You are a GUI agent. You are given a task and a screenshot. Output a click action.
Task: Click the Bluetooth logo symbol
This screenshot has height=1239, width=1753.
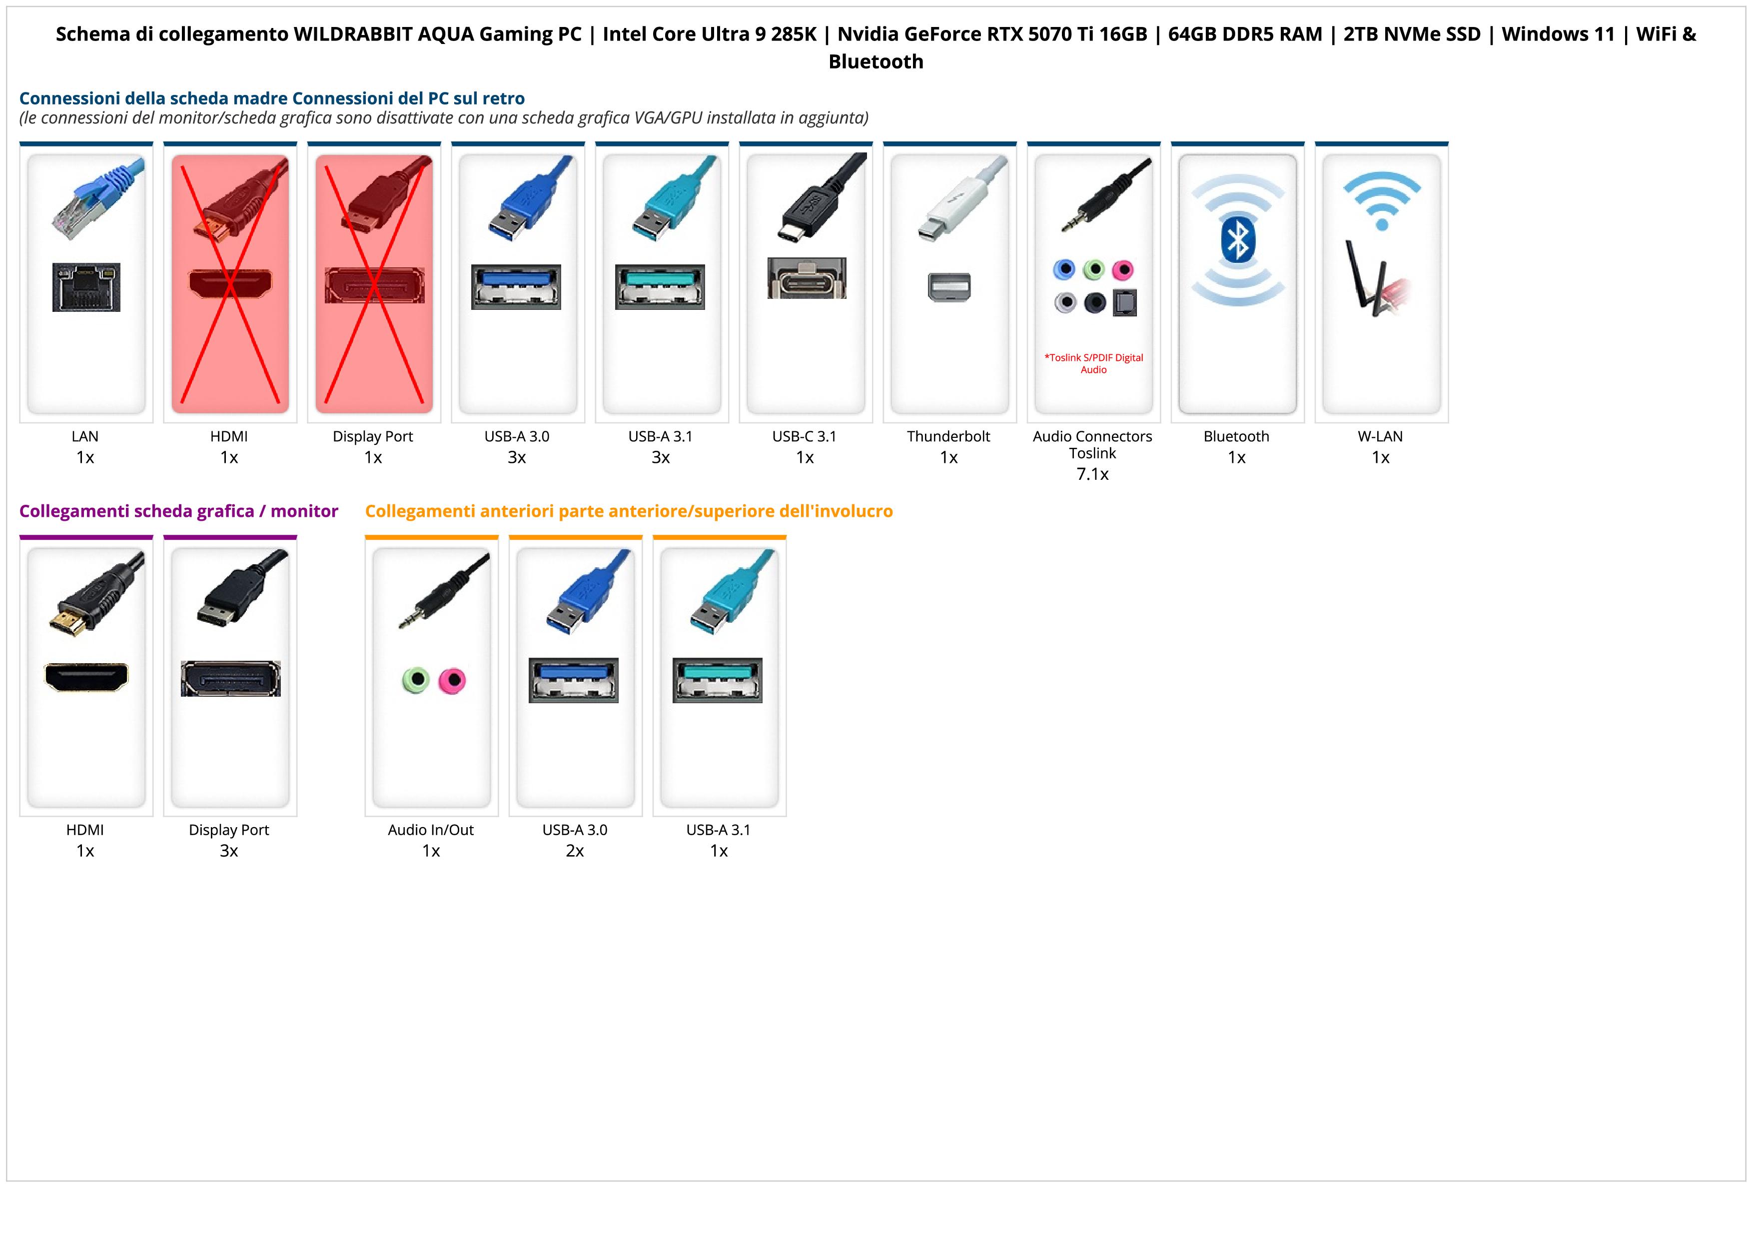[1237, 240]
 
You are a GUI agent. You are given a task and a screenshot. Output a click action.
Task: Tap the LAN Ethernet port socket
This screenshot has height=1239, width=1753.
[86, 287]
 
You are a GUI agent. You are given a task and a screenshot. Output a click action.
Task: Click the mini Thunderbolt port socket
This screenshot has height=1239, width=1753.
[949, 287]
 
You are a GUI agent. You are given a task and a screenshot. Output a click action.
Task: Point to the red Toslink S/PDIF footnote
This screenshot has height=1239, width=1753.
[1093, 363]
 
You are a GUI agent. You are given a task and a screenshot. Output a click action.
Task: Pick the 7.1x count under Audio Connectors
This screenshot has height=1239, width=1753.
[1092, 474]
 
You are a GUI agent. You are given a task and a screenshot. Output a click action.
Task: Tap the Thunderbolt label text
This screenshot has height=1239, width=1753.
[948, 437]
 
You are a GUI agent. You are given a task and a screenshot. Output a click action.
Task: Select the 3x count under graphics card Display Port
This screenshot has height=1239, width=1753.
[229, 851]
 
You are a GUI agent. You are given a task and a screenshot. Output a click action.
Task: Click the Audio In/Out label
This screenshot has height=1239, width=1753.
[431, 830]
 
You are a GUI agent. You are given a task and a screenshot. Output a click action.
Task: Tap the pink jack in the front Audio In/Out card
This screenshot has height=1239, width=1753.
[452, 680]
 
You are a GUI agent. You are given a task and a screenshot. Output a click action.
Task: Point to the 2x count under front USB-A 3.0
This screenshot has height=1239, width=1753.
[575, 851]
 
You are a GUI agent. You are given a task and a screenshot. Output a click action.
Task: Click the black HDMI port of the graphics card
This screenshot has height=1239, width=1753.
[86, 676]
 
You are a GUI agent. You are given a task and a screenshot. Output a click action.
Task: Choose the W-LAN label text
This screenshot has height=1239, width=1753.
[1380, 437]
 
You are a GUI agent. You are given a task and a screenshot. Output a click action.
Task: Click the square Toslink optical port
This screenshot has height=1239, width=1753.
[1125, 303]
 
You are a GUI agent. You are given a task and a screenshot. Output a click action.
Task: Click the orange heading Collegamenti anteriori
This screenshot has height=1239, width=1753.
[628, 511]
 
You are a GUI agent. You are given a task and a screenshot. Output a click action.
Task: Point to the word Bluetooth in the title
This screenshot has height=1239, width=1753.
[876, 62]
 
